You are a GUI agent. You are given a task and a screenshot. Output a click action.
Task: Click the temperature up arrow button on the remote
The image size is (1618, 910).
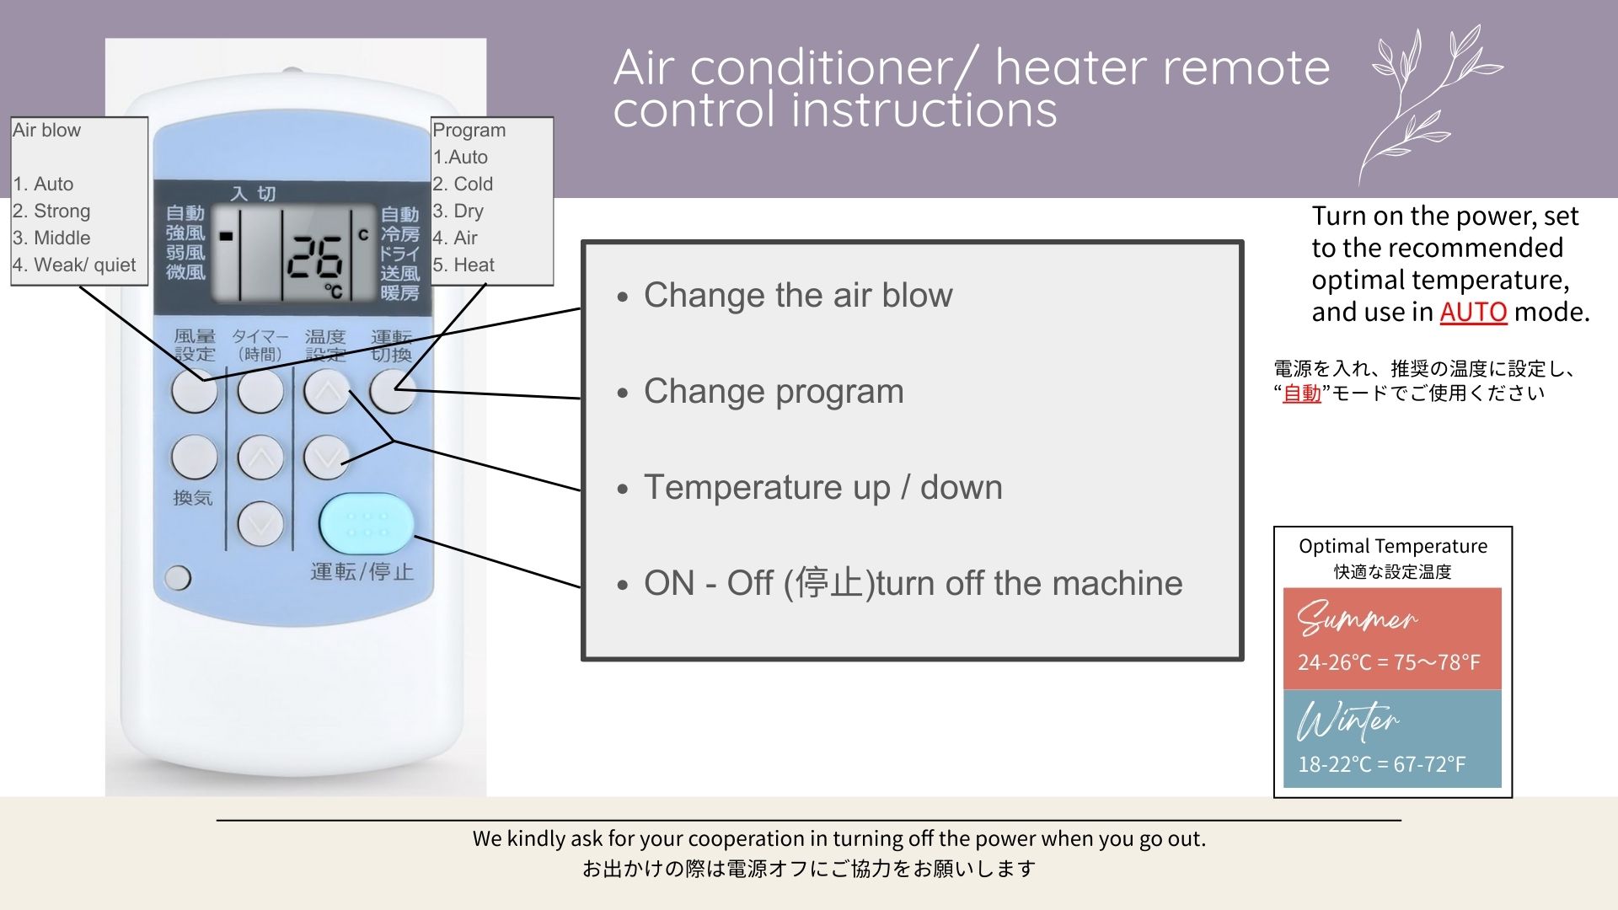[327, 391]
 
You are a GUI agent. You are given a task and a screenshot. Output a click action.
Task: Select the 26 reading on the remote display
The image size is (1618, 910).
[314, 256]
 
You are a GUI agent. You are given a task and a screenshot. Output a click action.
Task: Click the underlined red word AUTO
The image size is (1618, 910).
[1472, 313]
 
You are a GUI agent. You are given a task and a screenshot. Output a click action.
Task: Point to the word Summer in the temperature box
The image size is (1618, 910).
[1357, 618]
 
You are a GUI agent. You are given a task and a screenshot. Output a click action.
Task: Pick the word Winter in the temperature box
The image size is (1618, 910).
[1347, 720]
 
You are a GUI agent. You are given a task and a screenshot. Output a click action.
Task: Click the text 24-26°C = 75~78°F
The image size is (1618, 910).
[1389, 662]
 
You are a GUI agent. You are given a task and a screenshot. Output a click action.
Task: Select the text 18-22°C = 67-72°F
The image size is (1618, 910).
[1381, 764]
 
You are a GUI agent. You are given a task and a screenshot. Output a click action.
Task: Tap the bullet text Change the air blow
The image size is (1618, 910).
[798, 295]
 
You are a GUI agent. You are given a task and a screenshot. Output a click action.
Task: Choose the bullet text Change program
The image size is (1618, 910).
[774, 392]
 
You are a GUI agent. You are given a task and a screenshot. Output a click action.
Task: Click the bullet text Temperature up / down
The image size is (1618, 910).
[823, 488]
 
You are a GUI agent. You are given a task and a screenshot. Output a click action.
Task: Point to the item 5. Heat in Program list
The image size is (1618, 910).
[463, 265]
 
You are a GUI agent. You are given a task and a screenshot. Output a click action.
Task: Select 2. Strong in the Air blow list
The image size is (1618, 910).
[51, 211]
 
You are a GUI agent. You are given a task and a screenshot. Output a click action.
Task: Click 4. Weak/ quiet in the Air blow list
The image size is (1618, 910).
[74, 265]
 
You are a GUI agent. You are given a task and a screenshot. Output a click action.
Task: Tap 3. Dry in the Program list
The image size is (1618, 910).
[458, 211]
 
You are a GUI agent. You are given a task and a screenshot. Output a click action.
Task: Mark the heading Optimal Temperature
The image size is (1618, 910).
[1393, 546]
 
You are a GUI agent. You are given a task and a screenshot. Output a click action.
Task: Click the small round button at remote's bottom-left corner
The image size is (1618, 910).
[178, 577]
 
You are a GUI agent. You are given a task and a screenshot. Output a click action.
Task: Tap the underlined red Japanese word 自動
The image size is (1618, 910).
[1301, 393]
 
